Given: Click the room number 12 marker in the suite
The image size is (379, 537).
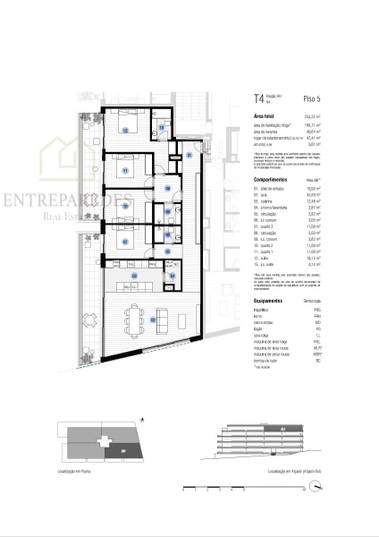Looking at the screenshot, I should point(126,131).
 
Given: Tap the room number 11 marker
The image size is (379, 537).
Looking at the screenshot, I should point(126,170).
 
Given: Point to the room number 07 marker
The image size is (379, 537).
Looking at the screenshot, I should point(126,241).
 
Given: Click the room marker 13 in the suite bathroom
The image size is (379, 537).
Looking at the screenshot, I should point(161,129).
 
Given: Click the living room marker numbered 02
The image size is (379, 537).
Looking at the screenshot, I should point(153,318).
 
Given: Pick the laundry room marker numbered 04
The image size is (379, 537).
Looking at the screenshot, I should point(172,277).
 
